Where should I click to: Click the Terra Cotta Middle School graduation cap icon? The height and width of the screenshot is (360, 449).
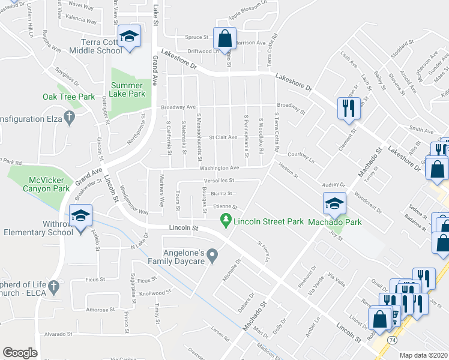tap(129, 36)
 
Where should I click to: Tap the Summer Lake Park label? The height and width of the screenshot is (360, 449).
tap(128, 89)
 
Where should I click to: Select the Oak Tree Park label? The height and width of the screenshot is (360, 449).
tap(69, 96)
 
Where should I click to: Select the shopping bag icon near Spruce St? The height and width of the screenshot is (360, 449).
tap(224, 38)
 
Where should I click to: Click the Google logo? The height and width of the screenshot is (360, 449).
tap(20, 353)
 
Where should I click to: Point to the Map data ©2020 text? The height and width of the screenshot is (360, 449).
tap(424, 355)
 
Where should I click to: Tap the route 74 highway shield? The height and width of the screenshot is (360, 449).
tap(392, 340)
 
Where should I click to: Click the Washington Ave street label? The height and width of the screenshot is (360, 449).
tap(220, 168)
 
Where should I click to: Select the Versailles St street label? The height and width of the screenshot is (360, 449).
tap(218, 180)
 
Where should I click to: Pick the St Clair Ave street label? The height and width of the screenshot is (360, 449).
tap(222, 137)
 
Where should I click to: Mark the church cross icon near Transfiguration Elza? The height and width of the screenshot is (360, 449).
tap(69, 118)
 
